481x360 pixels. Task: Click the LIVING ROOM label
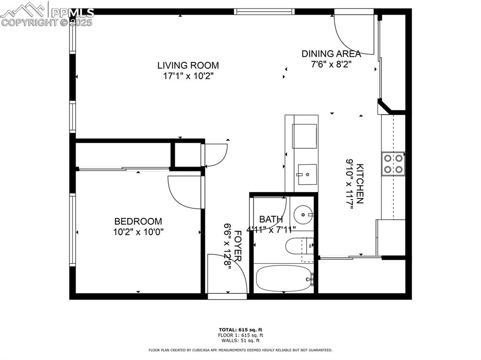(x=188, y=65)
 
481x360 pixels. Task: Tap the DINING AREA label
(x=331, y=54)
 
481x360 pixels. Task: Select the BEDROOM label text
(x=138, y=221)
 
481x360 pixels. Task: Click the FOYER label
(x=238, y=245)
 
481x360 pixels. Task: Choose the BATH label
(x=271, y=219)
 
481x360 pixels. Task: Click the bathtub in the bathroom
(x=283, y=278)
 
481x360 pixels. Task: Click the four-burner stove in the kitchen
(x=394, y=164)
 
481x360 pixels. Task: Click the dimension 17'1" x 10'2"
(x=188, y=76)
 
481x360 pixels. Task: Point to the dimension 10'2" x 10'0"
(x=138, y=231)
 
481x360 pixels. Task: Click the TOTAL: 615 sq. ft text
(x=240, y=330)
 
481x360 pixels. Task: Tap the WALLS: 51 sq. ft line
(x=240, y=340)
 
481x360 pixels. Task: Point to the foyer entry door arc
(x=230, y=272)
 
